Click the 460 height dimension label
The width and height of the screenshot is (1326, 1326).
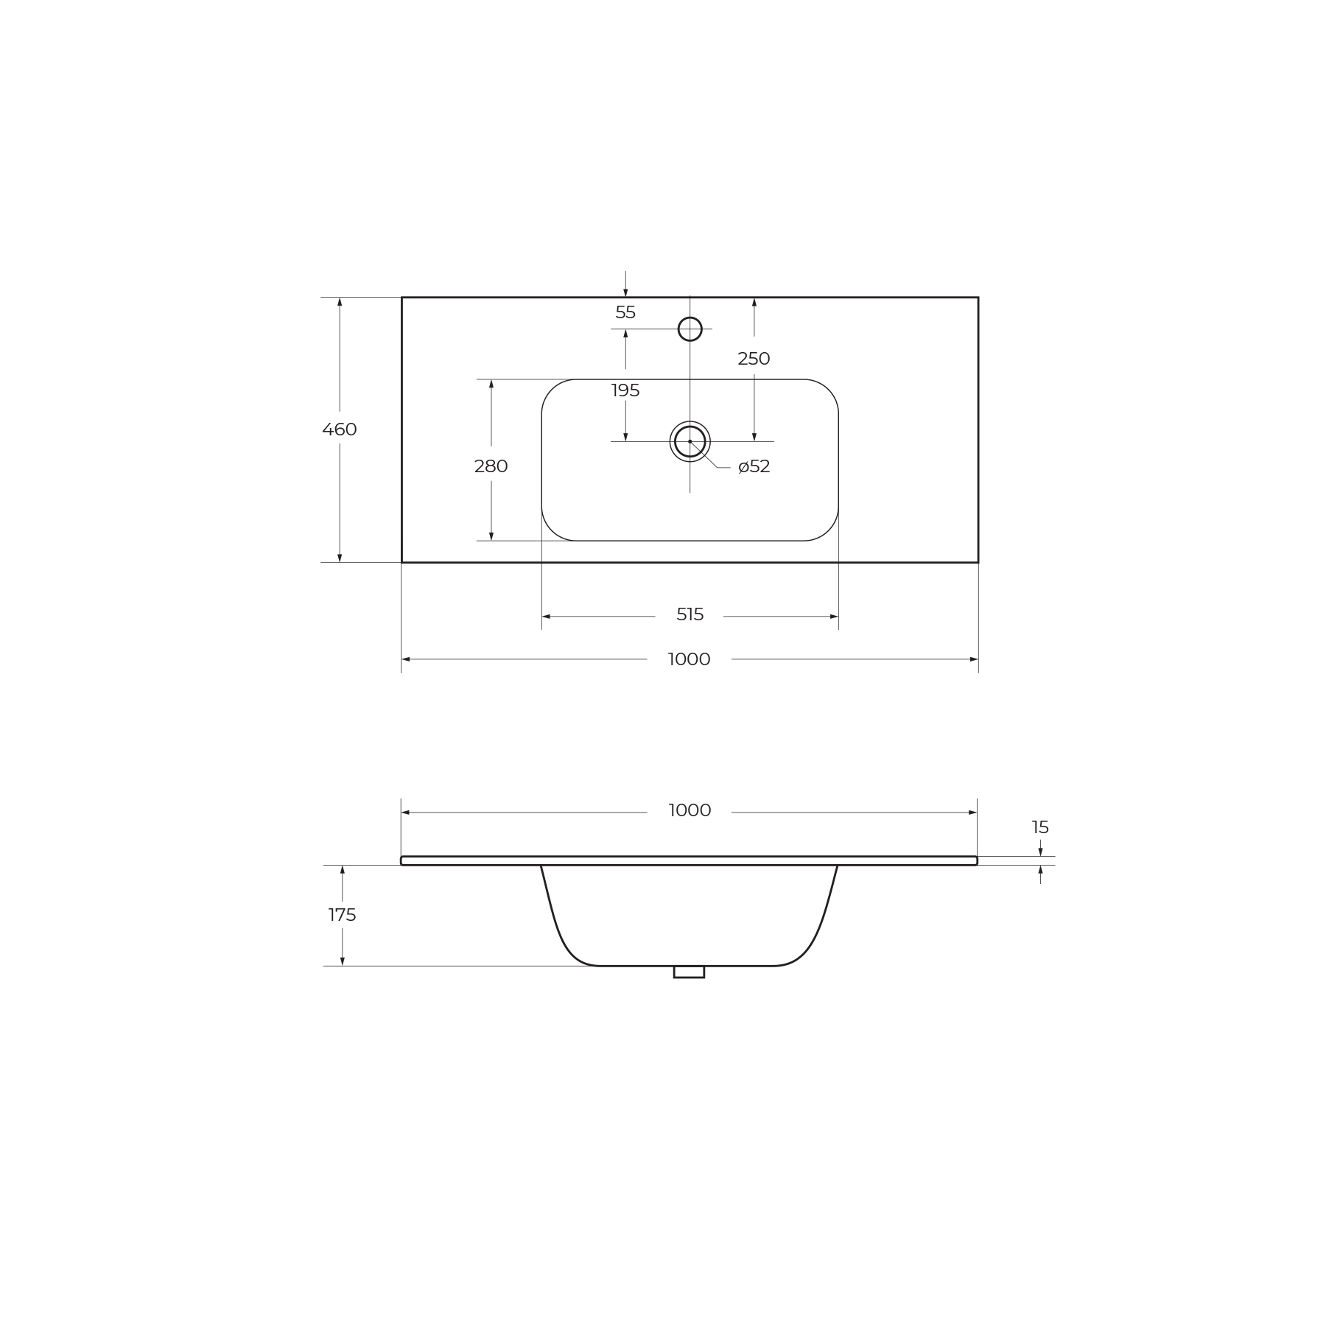340,429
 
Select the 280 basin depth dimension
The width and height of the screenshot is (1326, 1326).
491,466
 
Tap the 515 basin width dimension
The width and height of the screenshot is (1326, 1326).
690,614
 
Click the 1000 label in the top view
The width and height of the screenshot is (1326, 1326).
690,659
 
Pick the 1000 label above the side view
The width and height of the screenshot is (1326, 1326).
690,810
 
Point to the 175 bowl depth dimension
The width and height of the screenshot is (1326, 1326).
342,915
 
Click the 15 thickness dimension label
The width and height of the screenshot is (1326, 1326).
1040,827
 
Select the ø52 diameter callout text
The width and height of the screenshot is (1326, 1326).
754,466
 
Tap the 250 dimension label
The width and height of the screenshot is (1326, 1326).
754,359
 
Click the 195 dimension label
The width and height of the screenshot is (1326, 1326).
625,390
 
